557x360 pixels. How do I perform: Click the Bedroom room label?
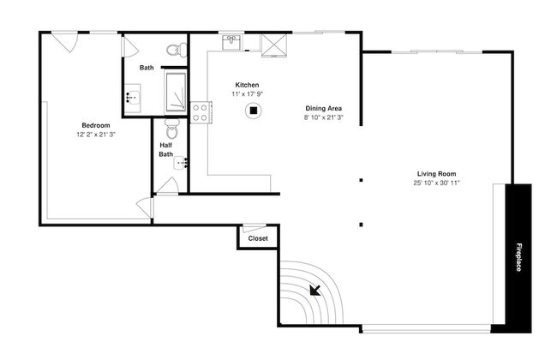(x=96, y=125)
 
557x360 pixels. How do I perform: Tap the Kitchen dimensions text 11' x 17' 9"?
(x=248, y=94)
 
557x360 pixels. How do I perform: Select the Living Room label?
(x=436, y=174)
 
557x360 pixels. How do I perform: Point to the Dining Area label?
(x=324, y=108)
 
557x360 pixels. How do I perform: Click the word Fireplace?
(x=518, y=257)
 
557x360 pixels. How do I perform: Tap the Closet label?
(x=258, y=238)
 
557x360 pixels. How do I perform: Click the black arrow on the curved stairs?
(x=315, y=290)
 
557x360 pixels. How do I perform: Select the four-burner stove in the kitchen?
(x=201, y=112)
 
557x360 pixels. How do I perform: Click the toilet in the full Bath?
(x=177, y=50)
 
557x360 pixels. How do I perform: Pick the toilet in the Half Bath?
(x=172, y=129)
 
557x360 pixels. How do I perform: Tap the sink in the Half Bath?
(x=181, y=163)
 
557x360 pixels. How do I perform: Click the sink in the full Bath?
(x=133, y=97)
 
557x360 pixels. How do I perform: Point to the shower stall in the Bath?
(x=176, y=92)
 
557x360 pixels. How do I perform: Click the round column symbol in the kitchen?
(x=254, y=111)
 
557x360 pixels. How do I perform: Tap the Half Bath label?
(x=166, y=150)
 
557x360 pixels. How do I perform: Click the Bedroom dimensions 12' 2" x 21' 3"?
(x=96, y=135)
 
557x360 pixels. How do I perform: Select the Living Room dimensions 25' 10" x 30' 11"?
(x=436, y=183)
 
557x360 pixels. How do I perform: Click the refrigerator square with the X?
(x=274, y=45)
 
